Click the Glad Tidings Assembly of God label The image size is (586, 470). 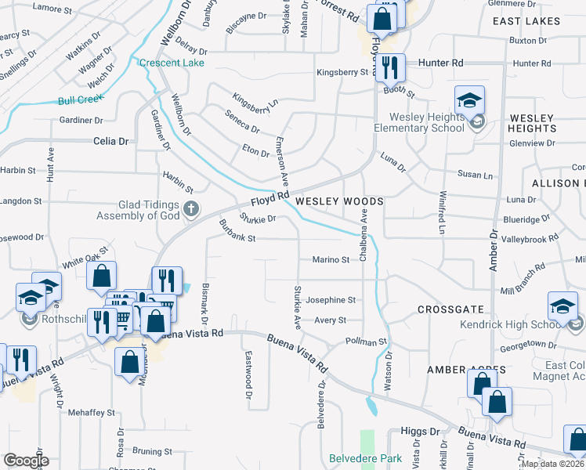(x=138, y=209)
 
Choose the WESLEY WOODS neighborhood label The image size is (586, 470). (x=339, y=201)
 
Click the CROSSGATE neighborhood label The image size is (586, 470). (x=450, y=309)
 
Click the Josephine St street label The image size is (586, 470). (x=331, y=300)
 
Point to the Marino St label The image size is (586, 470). (x=331, y=259)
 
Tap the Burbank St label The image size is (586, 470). (x=237, y=238)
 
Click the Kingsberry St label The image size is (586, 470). (x=342, y=72)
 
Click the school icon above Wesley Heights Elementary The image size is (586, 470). (x=469, y=99)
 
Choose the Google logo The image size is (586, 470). (x=25, y=461)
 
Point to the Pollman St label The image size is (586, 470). (x=367, y=342)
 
